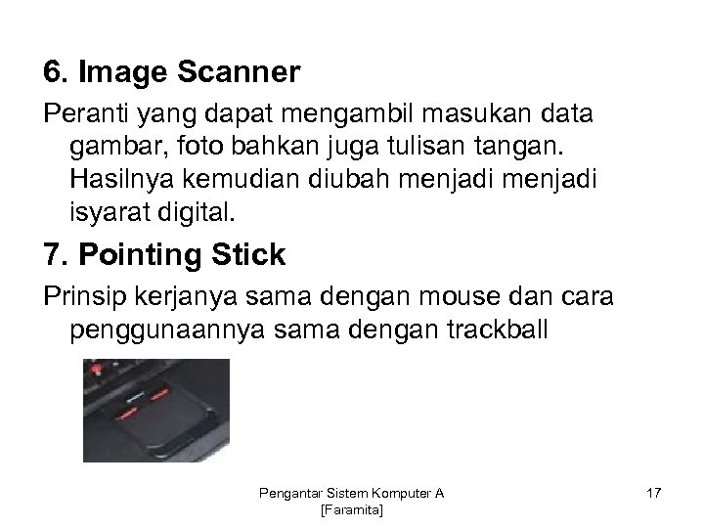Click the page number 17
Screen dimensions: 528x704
pyautogui.click(x=652, y=495)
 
